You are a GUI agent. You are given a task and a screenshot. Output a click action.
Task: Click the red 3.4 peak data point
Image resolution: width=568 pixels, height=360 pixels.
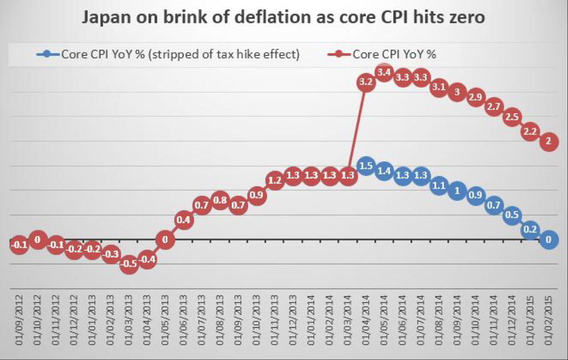pos(384,72)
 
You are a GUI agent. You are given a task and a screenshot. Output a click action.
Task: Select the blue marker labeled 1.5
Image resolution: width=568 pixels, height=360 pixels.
pos(366,166)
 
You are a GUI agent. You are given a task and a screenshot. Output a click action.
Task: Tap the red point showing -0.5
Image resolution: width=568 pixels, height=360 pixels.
pos(129,264)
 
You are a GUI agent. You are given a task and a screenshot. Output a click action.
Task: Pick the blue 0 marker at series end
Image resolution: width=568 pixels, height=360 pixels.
pos(548,240)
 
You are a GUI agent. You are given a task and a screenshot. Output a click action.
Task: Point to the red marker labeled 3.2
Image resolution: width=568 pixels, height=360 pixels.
pos(366,82)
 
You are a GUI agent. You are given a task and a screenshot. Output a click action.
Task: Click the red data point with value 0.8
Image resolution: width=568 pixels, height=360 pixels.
pos(220,200)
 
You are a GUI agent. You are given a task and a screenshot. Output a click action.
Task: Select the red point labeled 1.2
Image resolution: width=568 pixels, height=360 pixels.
pos(275,180)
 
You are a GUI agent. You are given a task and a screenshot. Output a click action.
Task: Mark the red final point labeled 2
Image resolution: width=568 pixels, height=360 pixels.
pos(548,141)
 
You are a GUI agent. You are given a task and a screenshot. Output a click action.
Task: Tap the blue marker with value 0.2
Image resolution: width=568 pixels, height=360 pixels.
pos(530,230)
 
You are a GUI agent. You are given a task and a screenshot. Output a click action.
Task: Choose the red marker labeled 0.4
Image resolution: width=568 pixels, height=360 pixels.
pos(184,220)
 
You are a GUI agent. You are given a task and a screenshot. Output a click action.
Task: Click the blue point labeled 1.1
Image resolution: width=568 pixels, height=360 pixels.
pos(439,185)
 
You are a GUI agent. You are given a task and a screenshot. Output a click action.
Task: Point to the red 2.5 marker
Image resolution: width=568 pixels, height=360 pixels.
pos(511,117)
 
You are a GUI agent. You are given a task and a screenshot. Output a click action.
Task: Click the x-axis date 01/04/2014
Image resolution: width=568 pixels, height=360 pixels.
pos(366,322)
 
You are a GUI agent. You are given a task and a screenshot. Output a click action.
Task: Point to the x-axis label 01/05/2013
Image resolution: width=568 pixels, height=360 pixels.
pos(166,322)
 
